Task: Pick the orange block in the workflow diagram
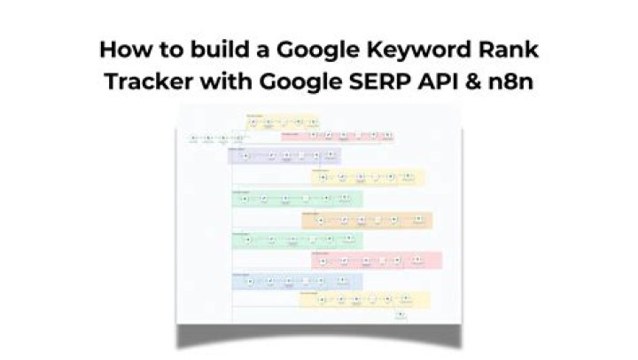[367, 220]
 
